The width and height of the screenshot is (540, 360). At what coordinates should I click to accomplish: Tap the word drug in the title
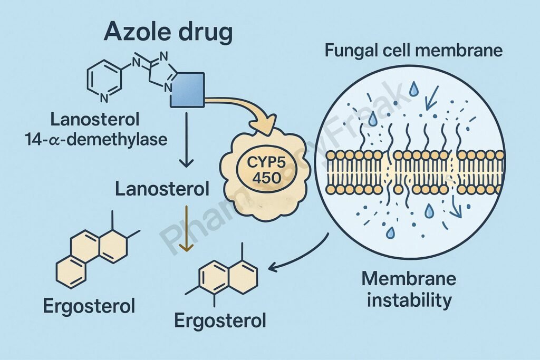click(x=204, y=33)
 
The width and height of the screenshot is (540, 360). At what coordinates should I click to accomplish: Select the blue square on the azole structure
click(x=188, y=90)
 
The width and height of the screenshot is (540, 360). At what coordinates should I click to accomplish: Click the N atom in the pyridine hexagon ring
click(x=104, y=97)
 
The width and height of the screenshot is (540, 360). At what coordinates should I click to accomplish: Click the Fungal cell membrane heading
click(x=413, y=52)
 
